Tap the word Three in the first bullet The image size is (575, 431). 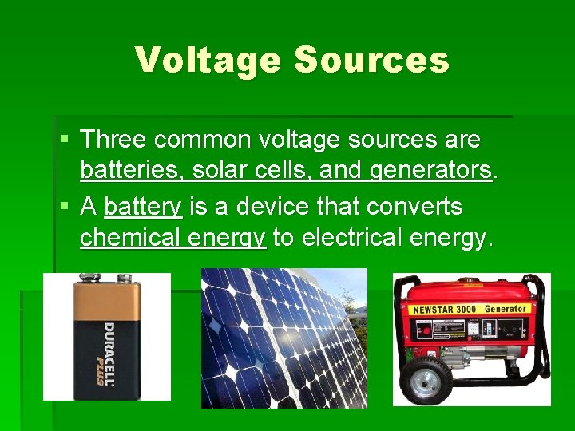(x=113, y=140)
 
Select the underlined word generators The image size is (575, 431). (x=430, y=170)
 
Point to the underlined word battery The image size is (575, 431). (x=144, y=207)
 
